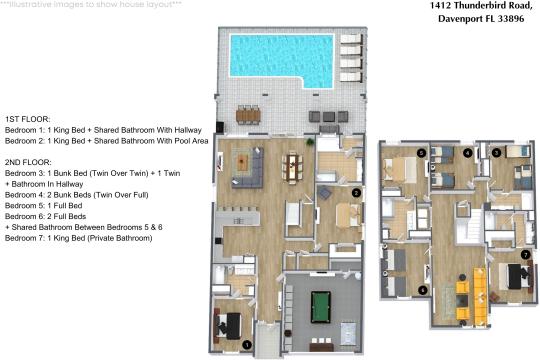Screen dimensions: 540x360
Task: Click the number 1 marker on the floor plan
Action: (x=247, y=344)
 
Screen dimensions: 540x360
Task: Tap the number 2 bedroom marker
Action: (x=356, y=193)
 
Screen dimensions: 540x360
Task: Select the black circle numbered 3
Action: (x=496, y=153)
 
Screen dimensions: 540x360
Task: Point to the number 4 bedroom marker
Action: (x=467, y=153)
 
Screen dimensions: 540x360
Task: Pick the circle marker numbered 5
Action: (x=421, y=153)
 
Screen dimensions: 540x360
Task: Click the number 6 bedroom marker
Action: (x=423, y=290)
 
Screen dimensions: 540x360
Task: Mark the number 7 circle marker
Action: (x=525, y=255)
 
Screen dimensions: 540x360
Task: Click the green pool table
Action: (x=321, y=307)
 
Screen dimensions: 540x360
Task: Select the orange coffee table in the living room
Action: (x=243, y=162)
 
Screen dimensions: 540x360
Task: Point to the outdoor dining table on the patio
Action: (x=248, y=115)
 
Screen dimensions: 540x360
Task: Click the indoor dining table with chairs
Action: (x=293, y=168)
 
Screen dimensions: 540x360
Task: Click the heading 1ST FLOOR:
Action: (x=28, y=119)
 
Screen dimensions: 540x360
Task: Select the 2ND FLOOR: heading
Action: (x=28, y=162)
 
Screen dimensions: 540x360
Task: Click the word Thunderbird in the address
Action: (x=477, y=6)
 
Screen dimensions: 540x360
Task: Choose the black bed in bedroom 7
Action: (x=516, y=276)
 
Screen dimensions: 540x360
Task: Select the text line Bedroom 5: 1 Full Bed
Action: (x=43, y=206)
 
